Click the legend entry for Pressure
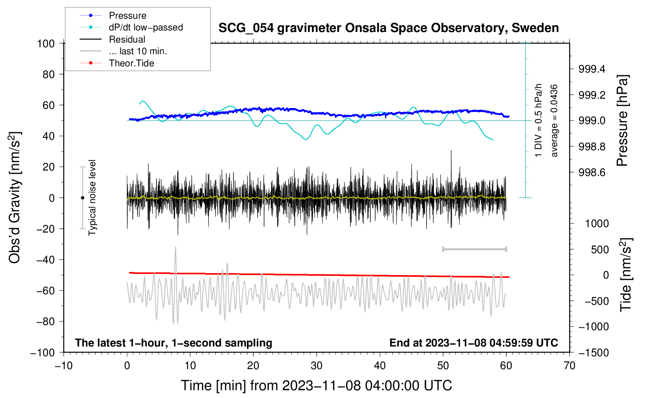pyautogui.click(x=113, y=15)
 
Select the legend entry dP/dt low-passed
pyautogui.click(x=131, y=27)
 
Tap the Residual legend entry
pyautogui.click(x=112, y=39)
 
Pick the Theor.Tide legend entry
pyautogui.click(x=117, y=63)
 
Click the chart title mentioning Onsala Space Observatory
pyautogui.click(x=388, y=28)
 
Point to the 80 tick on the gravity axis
pyautogui.click(x=48, y=75)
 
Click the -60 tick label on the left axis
pyautogui.click(x=45, y=290)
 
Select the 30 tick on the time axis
pyautogui.click(x=317, y=366)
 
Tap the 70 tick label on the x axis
pyautogui.click(x=569, y=366)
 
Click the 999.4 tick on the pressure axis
pyautogui.click(x=592, y=69)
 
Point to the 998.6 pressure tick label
pyautogui.click(x=592, y=172)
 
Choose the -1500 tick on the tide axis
pyautogui.click(x=594, y=353)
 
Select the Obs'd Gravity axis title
pyautogui.click(x=15, y=198)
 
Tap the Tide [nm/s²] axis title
pyautogui.click(x=626, y=275)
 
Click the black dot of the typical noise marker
pyautogui.click(x=82, y=198)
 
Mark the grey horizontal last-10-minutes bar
pyautogui.click(x=474, y=249)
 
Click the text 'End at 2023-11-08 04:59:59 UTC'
pyautogui.click(x=474, y=343)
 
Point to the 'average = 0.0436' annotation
pyautogui.click(x=554, y=121)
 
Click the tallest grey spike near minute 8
pyautogui.click(x=175, y=247)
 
